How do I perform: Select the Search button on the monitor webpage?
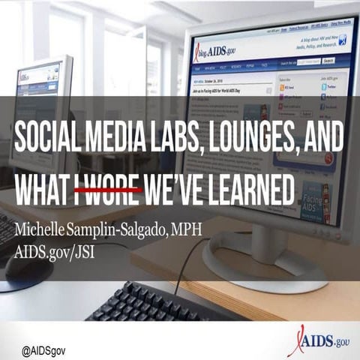pyautogui.click(x=328, y=59)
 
